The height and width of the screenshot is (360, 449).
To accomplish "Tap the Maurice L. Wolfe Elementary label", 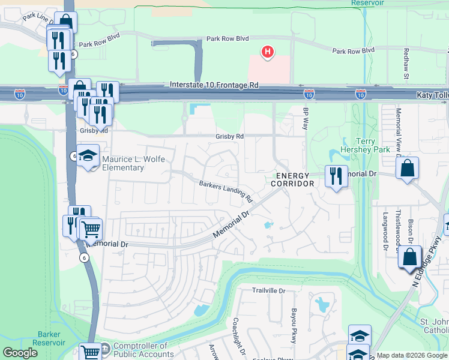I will (123, 163).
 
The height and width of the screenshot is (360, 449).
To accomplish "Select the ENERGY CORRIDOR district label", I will (293, 179).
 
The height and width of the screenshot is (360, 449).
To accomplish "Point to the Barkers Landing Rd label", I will (226, 191).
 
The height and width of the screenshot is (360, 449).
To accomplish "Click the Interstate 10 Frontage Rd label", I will (214, 86).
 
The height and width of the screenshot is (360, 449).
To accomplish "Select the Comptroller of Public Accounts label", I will (140, 350).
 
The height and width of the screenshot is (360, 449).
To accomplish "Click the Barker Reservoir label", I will (51, 338).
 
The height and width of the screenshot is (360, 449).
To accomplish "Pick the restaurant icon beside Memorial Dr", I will (334, 176).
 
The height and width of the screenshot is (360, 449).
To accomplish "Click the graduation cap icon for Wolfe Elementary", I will (88, 156).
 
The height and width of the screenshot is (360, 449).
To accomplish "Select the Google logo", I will (20, 353).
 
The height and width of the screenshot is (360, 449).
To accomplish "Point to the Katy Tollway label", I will (432, 95).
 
